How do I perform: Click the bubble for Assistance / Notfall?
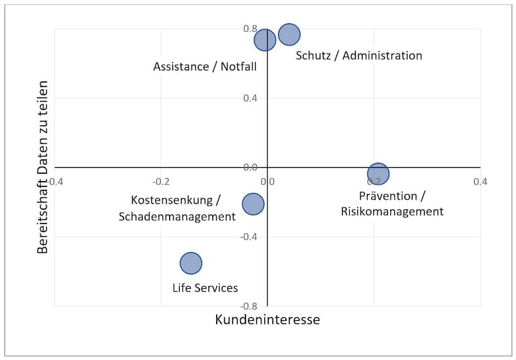pos(265,40)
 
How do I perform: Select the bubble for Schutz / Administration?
pos(290,34)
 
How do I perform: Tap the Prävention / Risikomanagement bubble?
pos(378,173)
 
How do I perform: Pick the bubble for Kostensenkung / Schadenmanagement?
pos(253,204)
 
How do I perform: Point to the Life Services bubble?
pos(191,263)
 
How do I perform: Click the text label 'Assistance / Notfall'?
pos(205,66)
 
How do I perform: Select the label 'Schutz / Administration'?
pos(359,56)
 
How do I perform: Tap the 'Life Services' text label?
pos(205,288)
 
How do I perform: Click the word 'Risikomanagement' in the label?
pos(392,212)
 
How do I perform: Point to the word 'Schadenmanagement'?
pos(177,217)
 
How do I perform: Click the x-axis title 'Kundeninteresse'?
pos(267,319)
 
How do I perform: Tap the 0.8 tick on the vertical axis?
pos(250,29)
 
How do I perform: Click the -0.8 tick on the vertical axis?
pos(249,306)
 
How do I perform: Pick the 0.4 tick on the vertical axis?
pos(250,98)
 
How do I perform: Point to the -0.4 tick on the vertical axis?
pos(249,237)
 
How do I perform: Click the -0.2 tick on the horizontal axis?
pos(161,181)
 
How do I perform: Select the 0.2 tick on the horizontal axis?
pos(374,181)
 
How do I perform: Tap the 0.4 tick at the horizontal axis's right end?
pos(480,181)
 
